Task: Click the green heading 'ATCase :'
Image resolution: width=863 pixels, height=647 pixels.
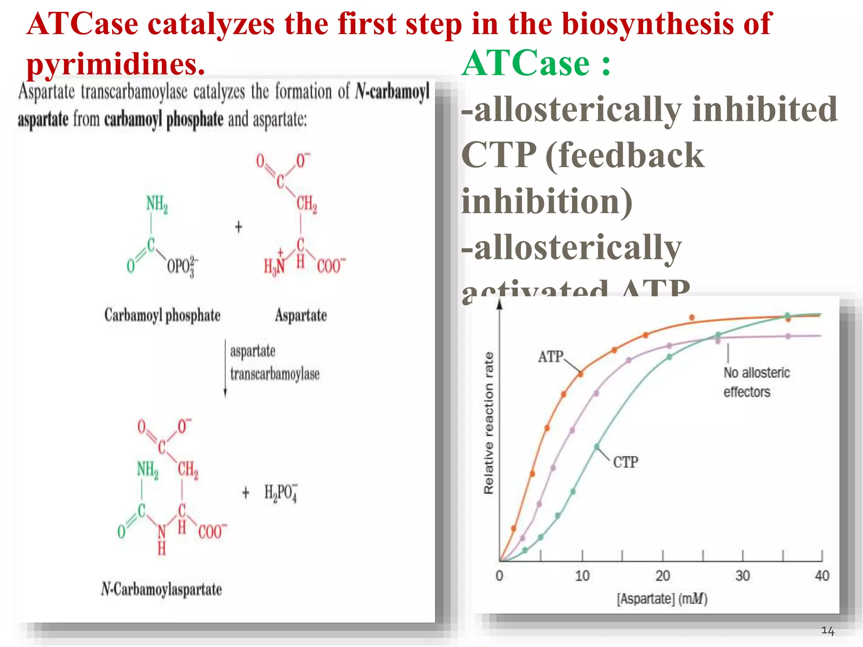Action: [536, 63]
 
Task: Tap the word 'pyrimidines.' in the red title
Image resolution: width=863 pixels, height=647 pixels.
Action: [115, 64]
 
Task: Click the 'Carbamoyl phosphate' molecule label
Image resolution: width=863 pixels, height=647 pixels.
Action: [162, 315]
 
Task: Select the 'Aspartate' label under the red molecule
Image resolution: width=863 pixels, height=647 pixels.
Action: [301, 315]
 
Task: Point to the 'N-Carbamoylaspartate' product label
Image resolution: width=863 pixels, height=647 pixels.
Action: [161, 589]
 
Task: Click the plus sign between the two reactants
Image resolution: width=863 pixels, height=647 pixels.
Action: [239, 227]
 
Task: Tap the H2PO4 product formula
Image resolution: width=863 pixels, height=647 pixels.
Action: [281, 493]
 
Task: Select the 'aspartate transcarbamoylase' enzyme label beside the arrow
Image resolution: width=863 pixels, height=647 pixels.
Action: [274, 363]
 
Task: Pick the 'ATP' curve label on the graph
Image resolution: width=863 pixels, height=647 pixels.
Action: [550, 357]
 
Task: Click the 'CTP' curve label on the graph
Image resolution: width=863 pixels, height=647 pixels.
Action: [625, 463]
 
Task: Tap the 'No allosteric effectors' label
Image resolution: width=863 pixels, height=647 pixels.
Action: [756, 382]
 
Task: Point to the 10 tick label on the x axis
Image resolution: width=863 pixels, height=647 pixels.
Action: [582, 576]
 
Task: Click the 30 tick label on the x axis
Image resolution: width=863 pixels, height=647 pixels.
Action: [742, 576]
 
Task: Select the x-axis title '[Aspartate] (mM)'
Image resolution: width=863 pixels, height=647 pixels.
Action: [662, 599]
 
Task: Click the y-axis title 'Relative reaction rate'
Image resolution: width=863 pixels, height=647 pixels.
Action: [488, 422]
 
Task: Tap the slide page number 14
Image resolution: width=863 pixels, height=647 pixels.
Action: [828, 631]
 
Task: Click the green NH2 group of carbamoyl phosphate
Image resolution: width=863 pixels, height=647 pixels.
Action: [157, 204]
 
